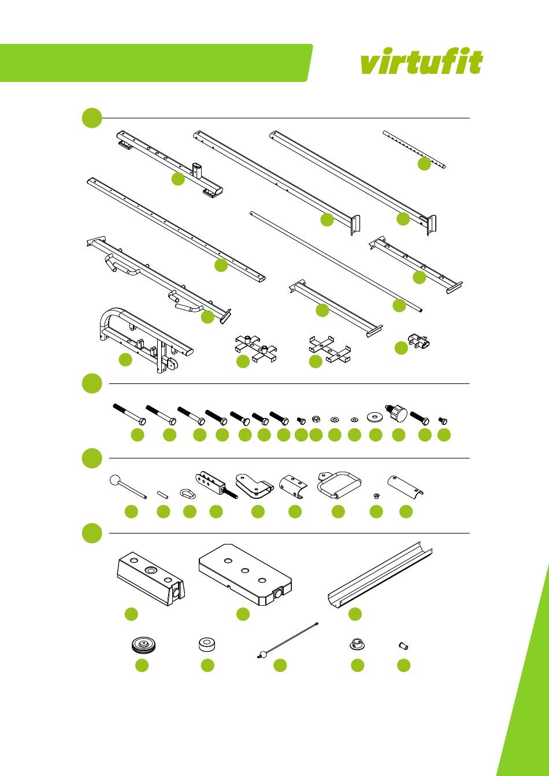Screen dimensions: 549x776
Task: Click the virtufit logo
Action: pyautogui.click(x=421, y=62)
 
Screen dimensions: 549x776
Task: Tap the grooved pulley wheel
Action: pyautogui.click(x=143, y=645)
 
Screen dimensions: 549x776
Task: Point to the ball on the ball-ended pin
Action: pyautogui.click(x=114, y=481)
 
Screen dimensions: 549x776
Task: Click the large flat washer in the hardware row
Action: pyautogui.click(x=376, y=416)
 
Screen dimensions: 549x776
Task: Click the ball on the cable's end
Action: pyautogui.click(x=263, y=654)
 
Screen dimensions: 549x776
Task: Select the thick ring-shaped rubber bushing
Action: pyautogui.click(x=207, y=644)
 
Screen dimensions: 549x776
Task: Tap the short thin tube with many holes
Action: pyautogui.click(x=414, y=150)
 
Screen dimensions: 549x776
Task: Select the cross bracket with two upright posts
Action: pyautogui.click(x=255, y=349)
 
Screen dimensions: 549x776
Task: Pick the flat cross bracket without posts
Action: pyautogui.click(x=329, y=349)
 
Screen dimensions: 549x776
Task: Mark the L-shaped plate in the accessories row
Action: pyautogui.click(x=254, y=486)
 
